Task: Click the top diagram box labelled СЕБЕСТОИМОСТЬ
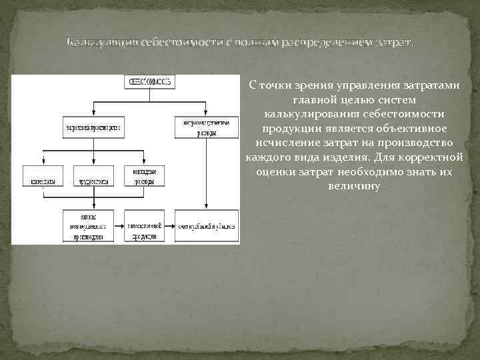point(149,82)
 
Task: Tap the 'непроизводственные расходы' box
point(207,128)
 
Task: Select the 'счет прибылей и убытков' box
point(207,227)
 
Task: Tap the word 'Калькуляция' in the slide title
point(100,43)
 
